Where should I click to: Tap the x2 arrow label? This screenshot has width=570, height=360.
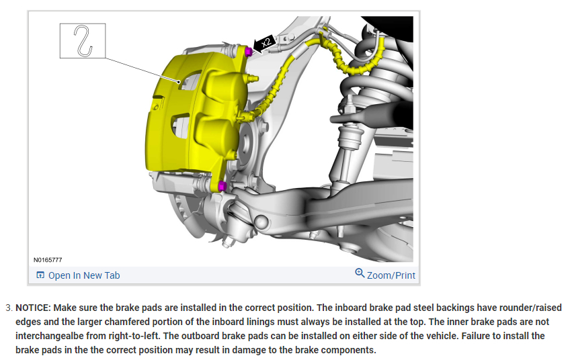265,43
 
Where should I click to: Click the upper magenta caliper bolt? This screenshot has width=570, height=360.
249,52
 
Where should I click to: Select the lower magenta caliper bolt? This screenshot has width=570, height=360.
222,186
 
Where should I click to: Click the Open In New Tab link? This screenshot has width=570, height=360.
84,275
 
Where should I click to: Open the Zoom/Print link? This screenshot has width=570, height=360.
391,275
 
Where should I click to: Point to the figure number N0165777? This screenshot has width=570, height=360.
48,260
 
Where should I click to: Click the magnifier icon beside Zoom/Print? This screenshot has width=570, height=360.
360,273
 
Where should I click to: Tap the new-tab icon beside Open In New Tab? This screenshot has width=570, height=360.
40,275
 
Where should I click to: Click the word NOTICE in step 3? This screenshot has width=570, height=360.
33,308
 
